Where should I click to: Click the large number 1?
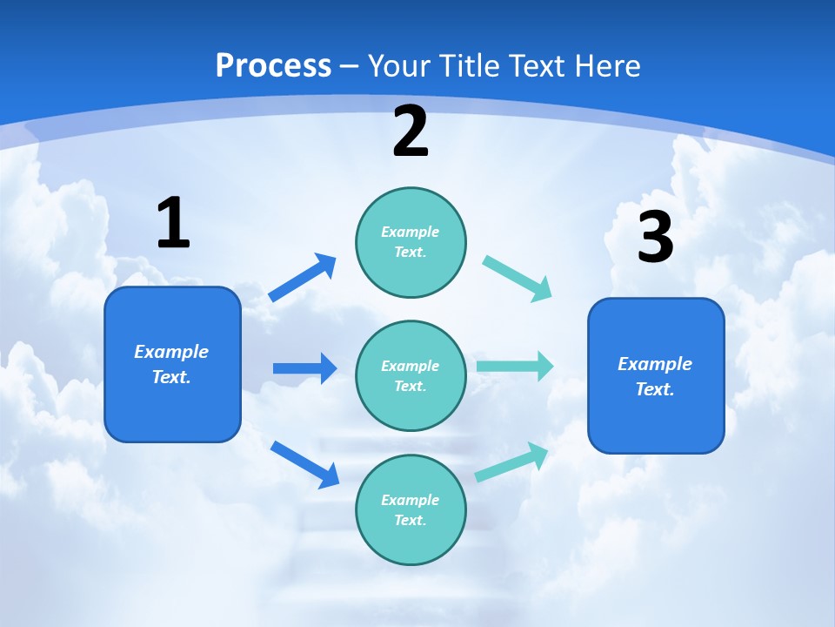tap(173, 223)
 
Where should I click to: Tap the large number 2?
tap(411, 131)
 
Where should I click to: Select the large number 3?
tap(655, 237)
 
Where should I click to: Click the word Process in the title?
tap(273, 65)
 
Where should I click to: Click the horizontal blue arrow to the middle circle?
tap(304, 368)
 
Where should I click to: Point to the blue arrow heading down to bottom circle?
tap(304, 464)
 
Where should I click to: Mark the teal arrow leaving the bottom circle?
tap(511, 462)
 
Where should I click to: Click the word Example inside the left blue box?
tap(171, 352)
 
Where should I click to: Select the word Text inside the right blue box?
tap(655, 389)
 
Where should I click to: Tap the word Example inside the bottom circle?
tap(411, 500)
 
